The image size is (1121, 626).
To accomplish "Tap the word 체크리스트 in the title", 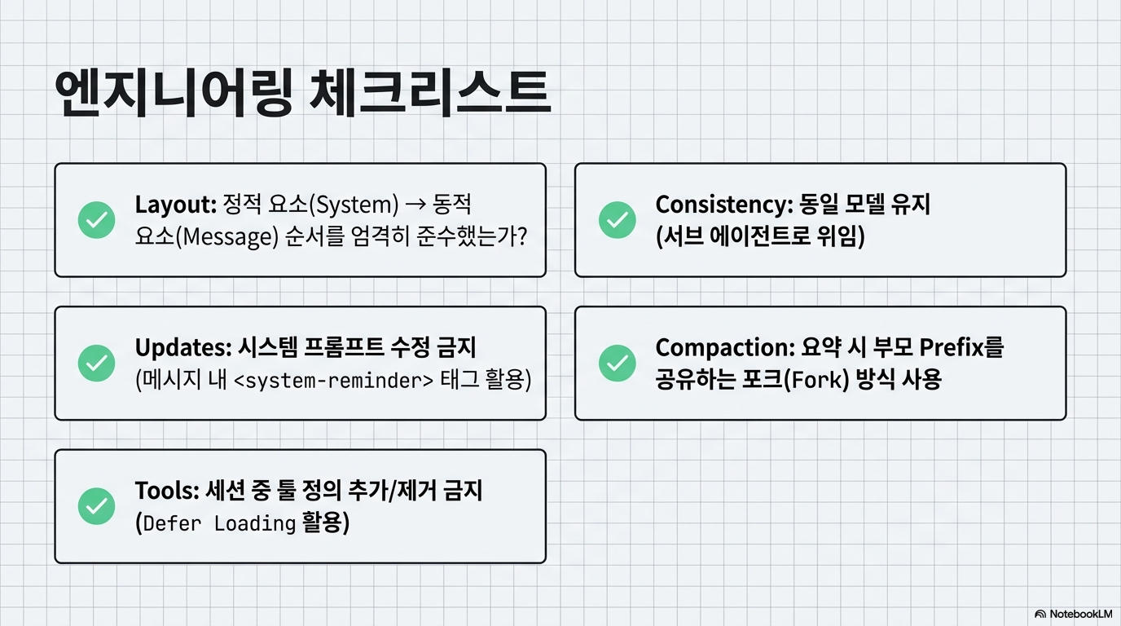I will pos(431,96).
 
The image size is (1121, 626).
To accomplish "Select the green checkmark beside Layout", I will pos(96,220).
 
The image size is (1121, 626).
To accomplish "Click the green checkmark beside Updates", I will pos(96,363).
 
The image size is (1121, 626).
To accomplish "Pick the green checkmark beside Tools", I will pos(96,506).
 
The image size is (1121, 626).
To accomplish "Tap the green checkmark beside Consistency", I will pos(617,220).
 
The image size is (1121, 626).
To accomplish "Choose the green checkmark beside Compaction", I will pos(617,363).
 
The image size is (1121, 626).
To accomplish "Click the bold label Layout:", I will pos(175,204).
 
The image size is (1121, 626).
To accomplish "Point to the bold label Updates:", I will pos(183,347).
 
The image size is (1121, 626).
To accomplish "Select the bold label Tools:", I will pos(167,491).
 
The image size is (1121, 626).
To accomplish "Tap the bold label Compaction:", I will pos(724,347).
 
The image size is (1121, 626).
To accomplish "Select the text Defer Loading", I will pos(218,523).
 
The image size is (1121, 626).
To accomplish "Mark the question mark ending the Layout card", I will pos(522,237).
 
